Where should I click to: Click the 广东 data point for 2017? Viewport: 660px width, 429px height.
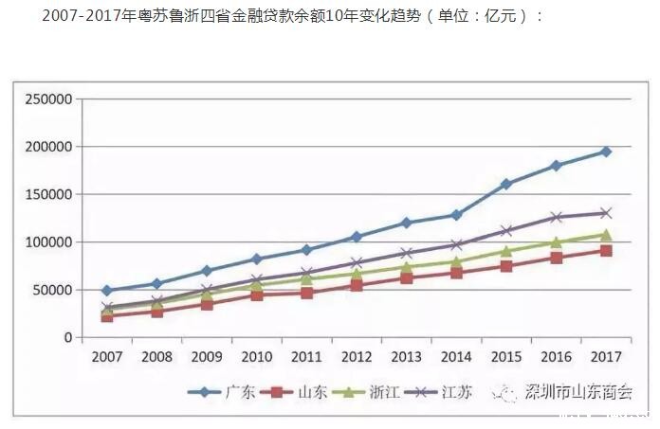click(606, 152)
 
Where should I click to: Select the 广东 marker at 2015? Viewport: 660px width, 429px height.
click(506, 184)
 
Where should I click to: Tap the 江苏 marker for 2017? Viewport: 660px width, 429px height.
click(606, 213)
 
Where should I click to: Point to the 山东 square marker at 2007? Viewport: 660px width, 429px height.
click(107, 316)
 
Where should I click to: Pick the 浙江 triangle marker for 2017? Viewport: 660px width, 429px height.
click(606, 235)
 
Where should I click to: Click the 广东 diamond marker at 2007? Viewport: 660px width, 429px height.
click(107, 291)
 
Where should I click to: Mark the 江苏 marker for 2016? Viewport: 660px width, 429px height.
click(556, 218)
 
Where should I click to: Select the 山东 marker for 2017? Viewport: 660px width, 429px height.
click(606, 251)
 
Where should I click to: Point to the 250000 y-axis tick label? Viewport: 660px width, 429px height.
click(48, 99)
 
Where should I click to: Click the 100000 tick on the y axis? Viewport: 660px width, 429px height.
click(48, 242)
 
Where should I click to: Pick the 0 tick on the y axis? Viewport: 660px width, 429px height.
click(66, 338)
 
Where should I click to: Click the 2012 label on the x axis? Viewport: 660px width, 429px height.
click(357, 357)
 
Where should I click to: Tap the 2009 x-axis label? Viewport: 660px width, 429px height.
click(207, 357)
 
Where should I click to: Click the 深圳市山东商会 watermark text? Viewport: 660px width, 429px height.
click(577, 393)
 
